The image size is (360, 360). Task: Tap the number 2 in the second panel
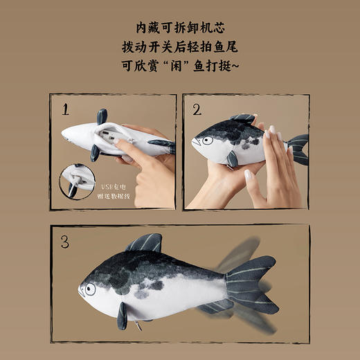197,109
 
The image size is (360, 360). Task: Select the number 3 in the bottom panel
64,242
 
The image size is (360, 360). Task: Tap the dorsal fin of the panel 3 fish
147,243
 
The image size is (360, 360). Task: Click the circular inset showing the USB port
77,181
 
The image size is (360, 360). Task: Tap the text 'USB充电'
117,185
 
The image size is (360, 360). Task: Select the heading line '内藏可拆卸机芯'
180,28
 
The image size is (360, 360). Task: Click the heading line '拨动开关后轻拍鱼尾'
180,51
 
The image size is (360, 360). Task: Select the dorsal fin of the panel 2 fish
244,118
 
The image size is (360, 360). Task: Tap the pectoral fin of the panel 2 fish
232,159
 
